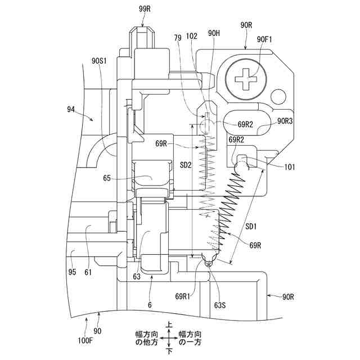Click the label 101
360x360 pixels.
(x=290, y=166)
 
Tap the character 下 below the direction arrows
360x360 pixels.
(x=169, y=350)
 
